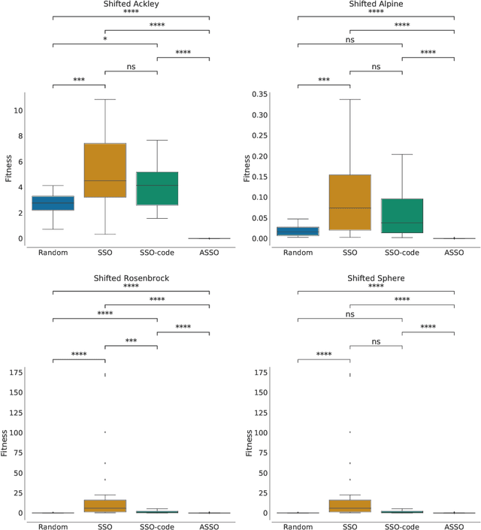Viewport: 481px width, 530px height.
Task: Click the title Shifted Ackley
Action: click(131, 5)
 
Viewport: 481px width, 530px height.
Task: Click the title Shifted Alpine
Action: click(376, 5)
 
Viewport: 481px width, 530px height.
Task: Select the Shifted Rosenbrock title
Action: click(131, 277)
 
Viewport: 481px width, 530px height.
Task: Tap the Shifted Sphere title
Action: click(376, 277)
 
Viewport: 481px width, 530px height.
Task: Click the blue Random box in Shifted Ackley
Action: click(53, 203)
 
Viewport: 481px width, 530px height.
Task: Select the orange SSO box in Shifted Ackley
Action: click(104, 170)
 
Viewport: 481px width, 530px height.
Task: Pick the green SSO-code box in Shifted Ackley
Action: click(157, 188)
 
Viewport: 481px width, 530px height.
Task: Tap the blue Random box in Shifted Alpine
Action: click(298, 231)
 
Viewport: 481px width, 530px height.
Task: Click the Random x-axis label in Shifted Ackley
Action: click(53, 252)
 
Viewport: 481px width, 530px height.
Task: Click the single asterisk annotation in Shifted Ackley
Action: click(104, 38)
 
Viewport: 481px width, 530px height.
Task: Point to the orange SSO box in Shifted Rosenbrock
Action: click(104, 506)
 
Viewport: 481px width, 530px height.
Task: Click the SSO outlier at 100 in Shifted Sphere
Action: click(349, 432)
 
